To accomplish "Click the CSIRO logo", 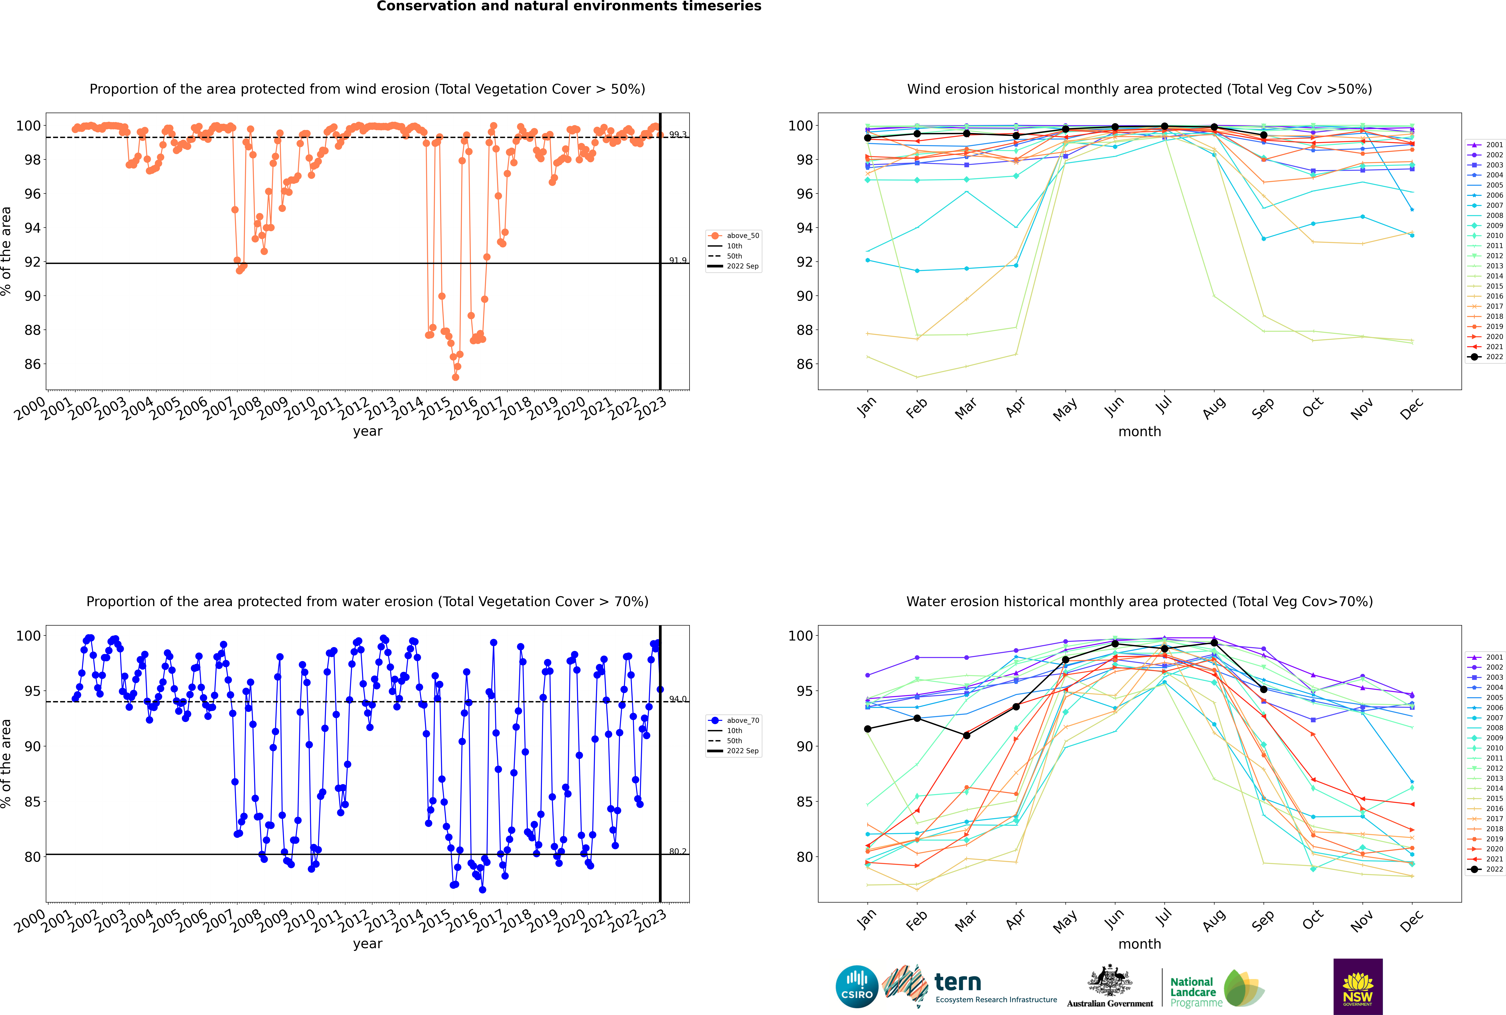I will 857,987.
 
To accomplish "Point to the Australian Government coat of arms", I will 1110,981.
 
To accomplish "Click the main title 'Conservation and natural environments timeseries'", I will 568,6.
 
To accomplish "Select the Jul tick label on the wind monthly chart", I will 1163,406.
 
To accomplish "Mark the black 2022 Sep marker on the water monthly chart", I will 1263,689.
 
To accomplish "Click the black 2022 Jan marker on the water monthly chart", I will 868,729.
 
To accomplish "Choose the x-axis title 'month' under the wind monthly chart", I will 1140,432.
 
